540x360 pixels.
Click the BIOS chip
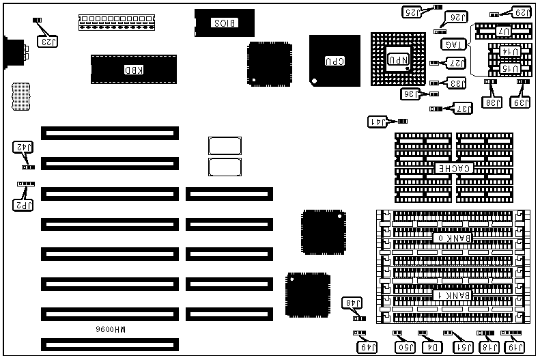click(x=225, y=23)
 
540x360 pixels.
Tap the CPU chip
click(x=334, y=61)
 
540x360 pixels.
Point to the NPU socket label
click(x=399, y=59)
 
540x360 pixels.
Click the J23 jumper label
click(x=48, y=41)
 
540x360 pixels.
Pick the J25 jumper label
click(x=412, y=12)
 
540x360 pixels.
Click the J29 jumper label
click(x=520, y=12)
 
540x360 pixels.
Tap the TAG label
click(x=453, y=45)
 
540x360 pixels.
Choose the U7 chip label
click(x=503, y=31)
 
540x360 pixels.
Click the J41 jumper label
click(x=378, y=122)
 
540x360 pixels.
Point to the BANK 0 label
click(x=451, y=238)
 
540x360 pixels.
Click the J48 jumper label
click(x=355, y=303)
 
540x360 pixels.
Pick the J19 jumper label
click(x=513, y=348)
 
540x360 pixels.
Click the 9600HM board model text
click(x=111, y=329)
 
